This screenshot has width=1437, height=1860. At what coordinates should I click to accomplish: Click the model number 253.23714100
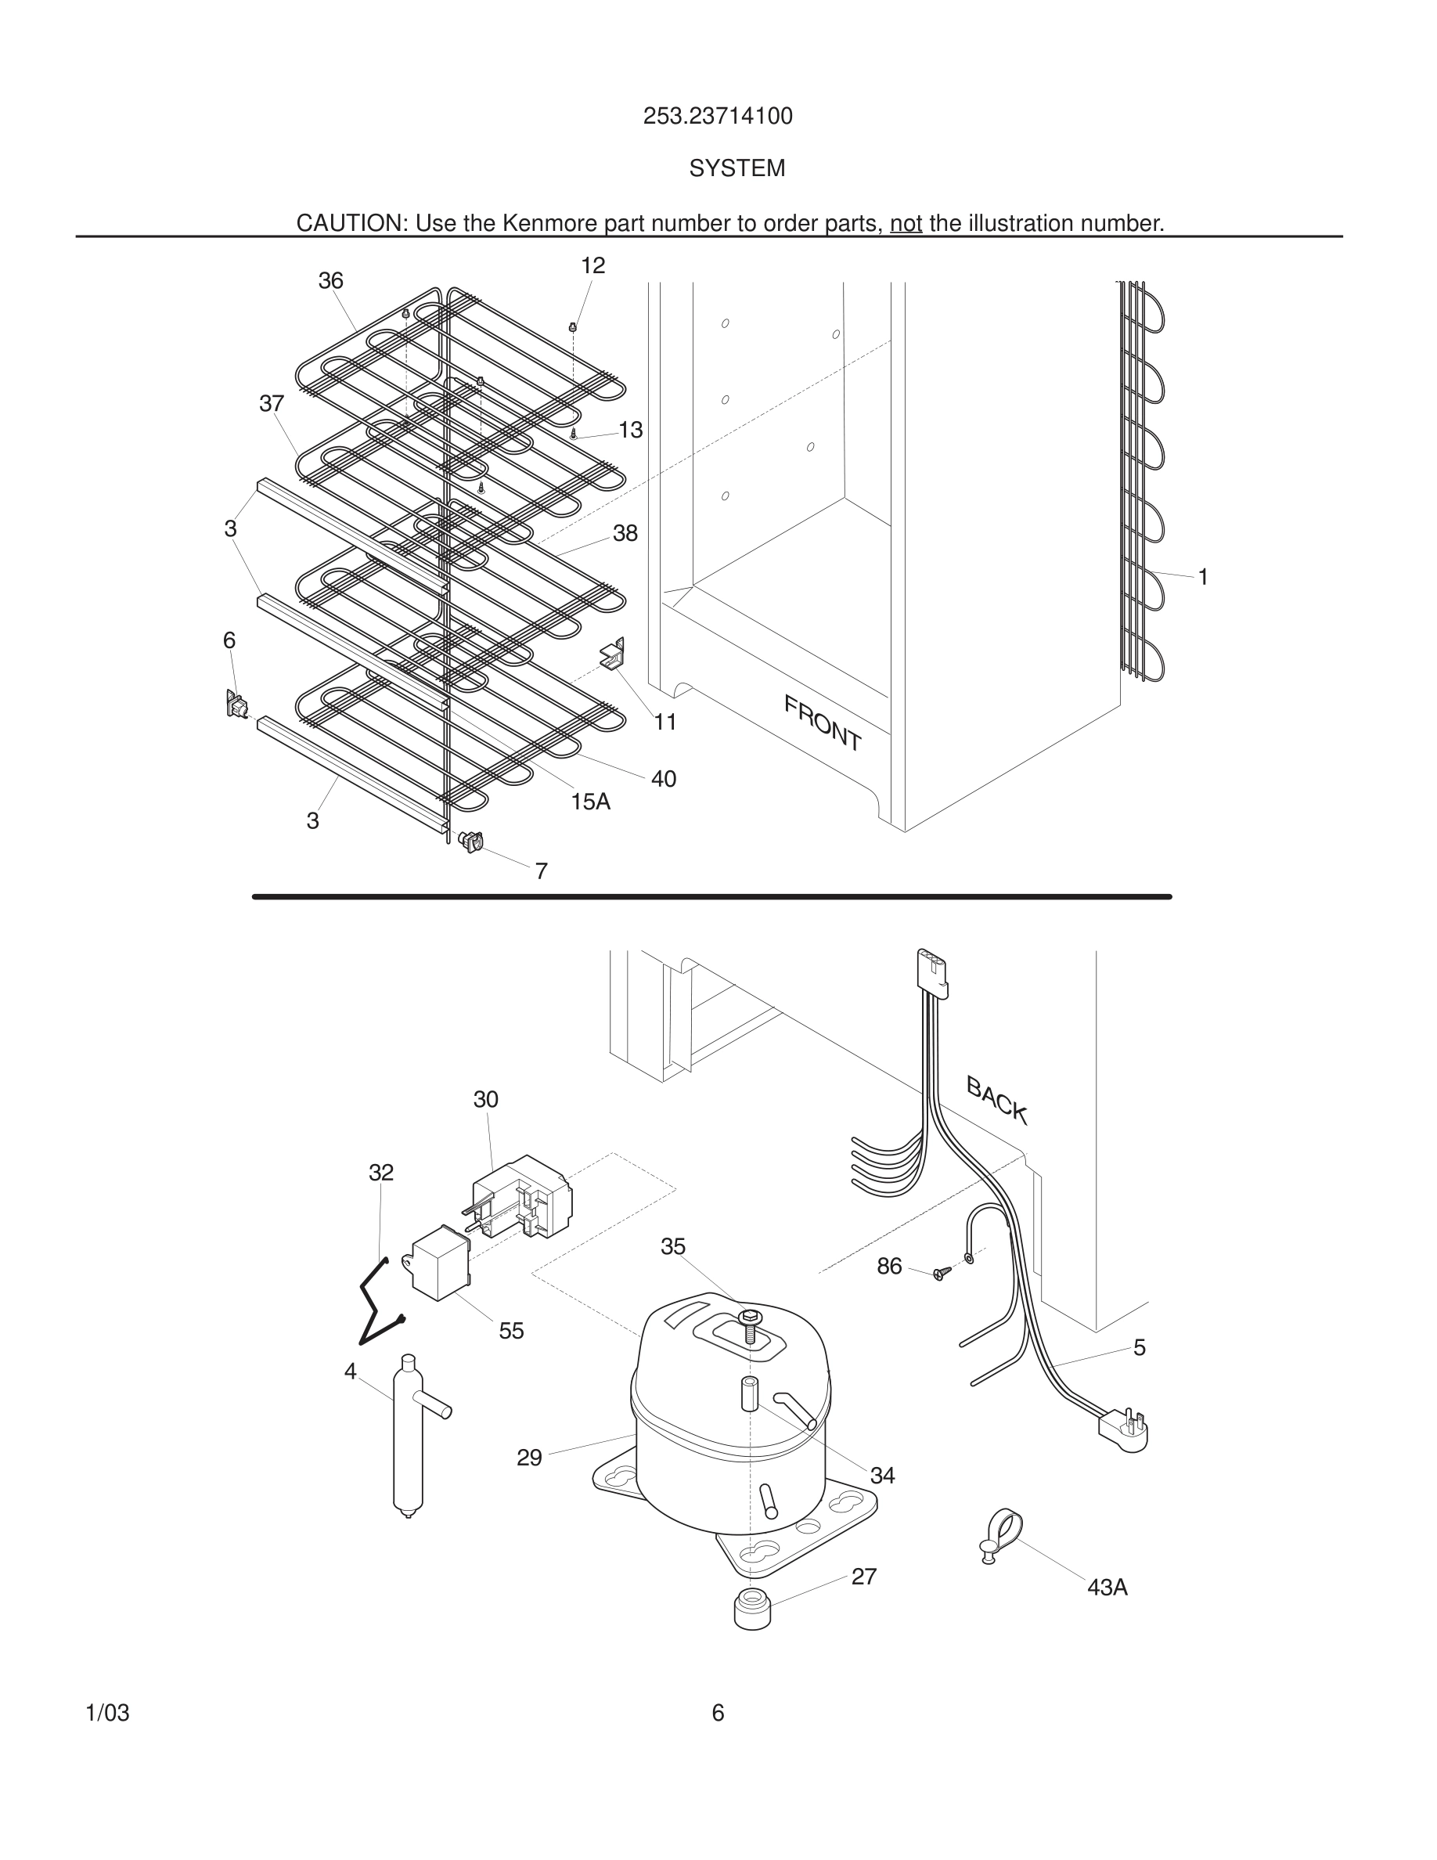coord(718,116)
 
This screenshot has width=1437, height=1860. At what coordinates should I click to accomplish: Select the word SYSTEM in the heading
coord(737,168)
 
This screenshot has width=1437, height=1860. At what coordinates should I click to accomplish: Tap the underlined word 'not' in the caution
coord(906,223)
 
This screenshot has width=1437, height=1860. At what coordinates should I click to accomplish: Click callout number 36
coord(330,280)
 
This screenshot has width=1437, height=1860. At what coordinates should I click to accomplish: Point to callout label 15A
coord(590,802)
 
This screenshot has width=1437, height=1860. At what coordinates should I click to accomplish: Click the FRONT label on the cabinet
coord(823,723)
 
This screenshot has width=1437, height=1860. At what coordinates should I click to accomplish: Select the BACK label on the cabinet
coord(997,1101)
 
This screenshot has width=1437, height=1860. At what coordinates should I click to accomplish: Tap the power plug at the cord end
coord(1125,1427)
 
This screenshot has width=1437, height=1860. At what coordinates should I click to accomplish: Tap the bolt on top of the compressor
coord(748,1325)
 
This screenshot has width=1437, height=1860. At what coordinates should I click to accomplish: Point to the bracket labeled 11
coord(614,654)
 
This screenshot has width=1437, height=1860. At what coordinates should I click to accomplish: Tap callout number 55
coord(511,1330)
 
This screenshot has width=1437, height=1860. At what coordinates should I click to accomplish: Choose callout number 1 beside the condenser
coord(1203,577)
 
